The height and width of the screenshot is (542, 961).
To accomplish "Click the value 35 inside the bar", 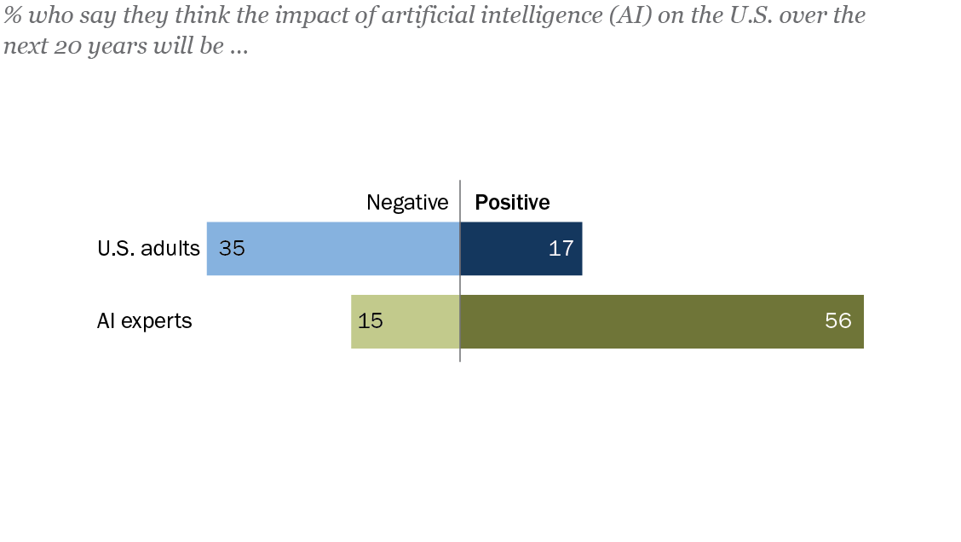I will point(232,249).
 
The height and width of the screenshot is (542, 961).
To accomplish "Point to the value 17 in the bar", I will point(561,249).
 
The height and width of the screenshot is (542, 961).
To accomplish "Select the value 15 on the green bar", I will point(371,321).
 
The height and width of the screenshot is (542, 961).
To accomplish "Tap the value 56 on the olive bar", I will point(838,321).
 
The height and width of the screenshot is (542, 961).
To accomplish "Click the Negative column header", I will point(407,202).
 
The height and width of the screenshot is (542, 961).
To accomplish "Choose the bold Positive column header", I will point(512,202).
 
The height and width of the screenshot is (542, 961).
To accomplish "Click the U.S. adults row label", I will point(148,249).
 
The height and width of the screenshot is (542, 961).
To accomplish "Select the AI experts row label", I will point(144,321).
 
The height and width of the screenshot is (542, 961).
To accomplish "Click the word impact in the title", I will point(306,17).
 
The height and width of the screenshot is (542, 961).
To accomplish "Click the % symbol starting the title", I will point(12,17).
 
